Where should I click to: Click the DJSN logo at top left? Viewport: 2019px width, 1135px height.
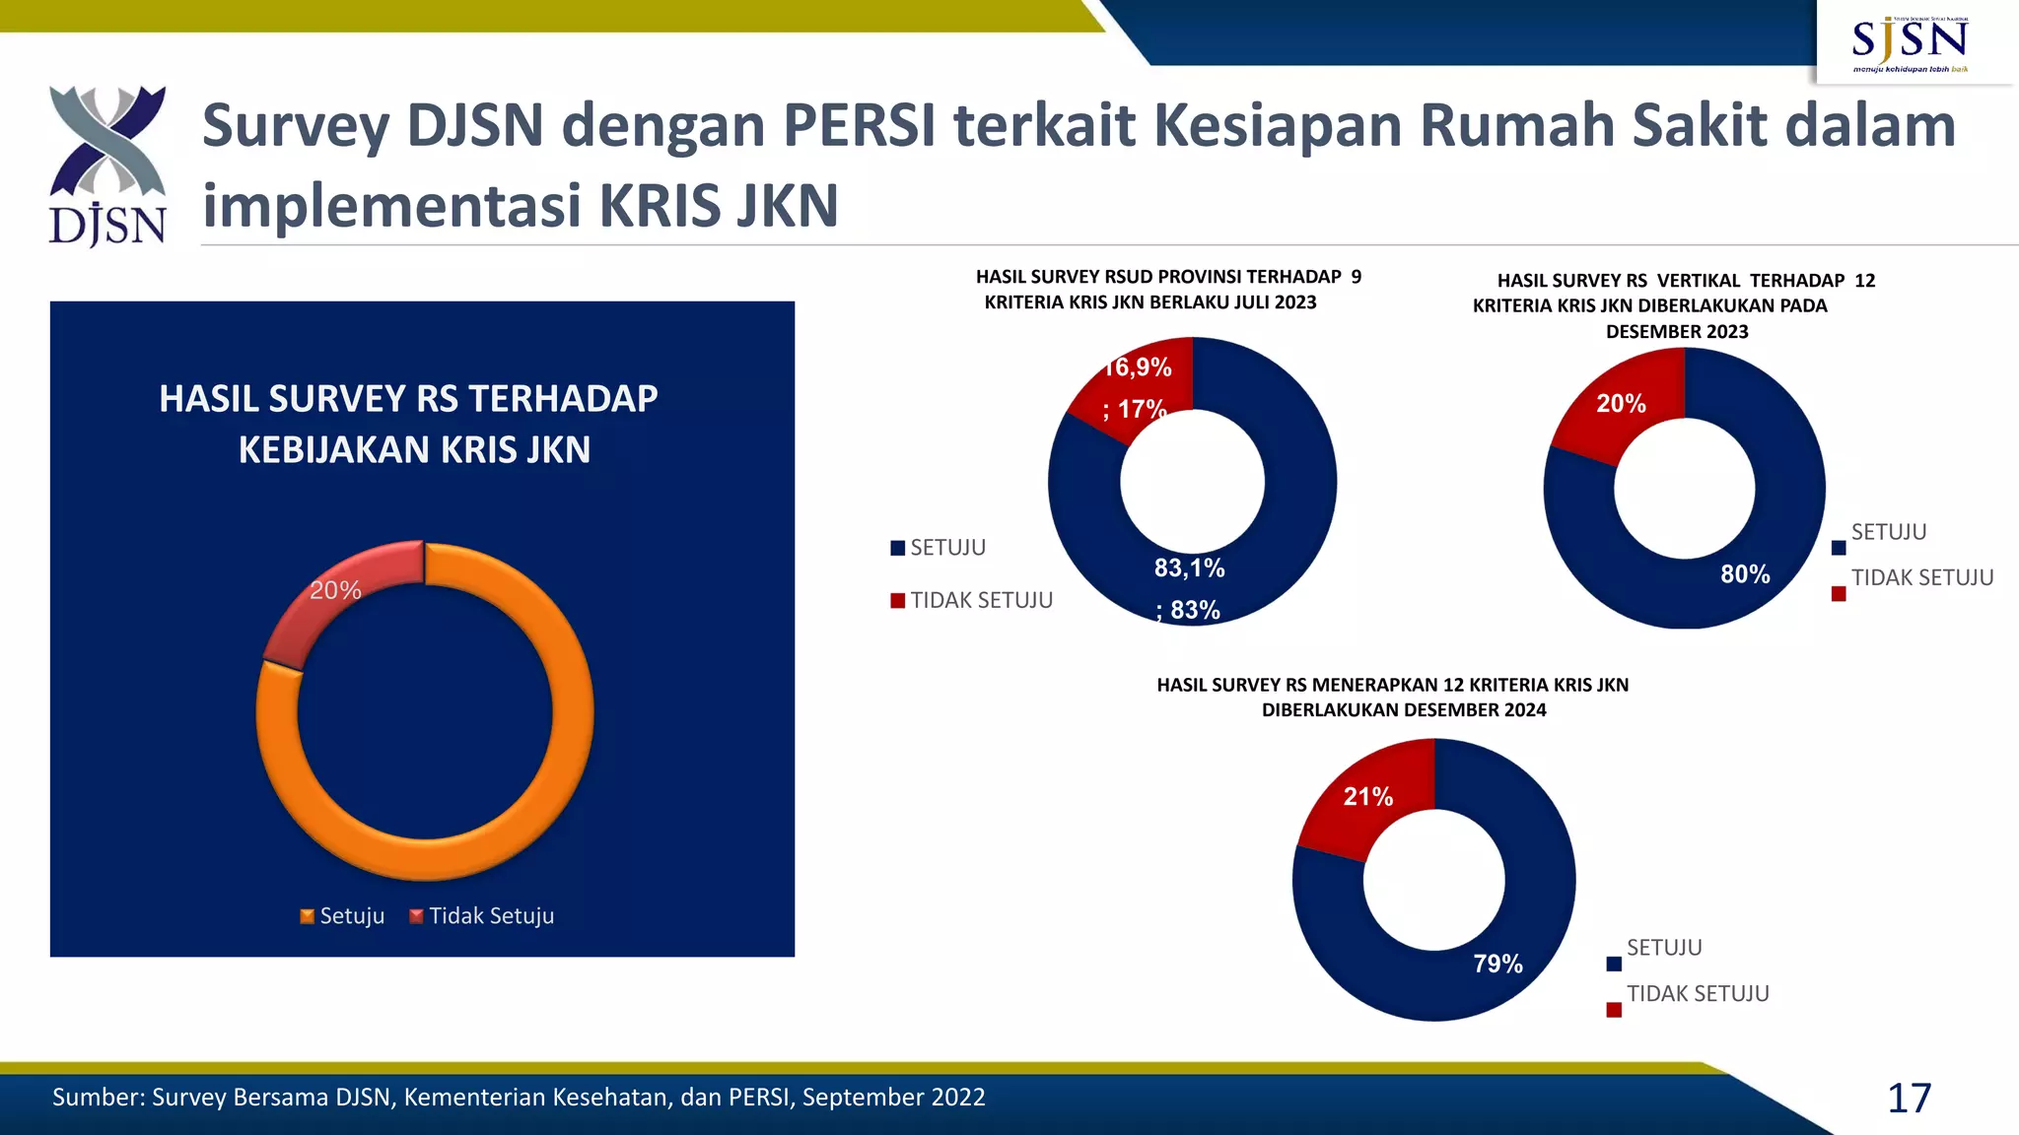click(x=107, y=166)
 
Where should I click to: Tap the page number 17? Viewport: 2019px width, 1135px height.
click(x=1909, y=1099)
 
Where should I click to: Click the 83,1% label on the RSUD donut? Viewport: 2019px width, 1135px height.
click(x=1189, y=568)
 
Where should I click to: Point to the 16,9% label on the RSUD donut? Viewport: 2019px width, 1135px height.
click(x=1140, y=367)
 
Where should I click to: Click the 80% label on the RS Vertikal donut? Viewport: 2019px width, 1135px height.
click(x=1745, y=574)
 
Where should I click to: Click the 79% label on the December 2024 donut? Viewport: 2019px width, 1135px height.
click(x=1497, y=964)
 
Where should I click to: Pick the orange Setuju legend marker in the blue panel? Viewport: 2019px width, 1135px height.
click(x=308, y=916)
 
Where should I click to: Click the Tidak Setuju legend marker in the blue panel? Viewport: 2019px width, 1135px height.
click(x=416, y=916)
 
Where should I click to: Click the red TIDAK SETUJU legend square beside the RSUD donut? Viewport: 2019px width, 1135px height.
click(x=897, y=601)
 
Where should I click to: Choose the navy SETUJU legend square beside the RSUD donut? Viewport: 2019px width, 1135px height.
click(x=897, y=548)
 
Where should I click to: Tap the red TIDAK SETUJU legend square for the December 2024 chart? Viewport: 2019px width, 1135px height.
click(x=1614, y=1010)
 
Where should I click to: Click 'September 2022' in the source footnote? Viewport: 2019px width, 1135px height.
click(x=893, y=1098)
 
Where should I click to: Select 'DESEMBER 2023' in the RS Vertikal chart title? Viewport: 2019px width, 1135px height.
click(x=1677, y=332)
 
